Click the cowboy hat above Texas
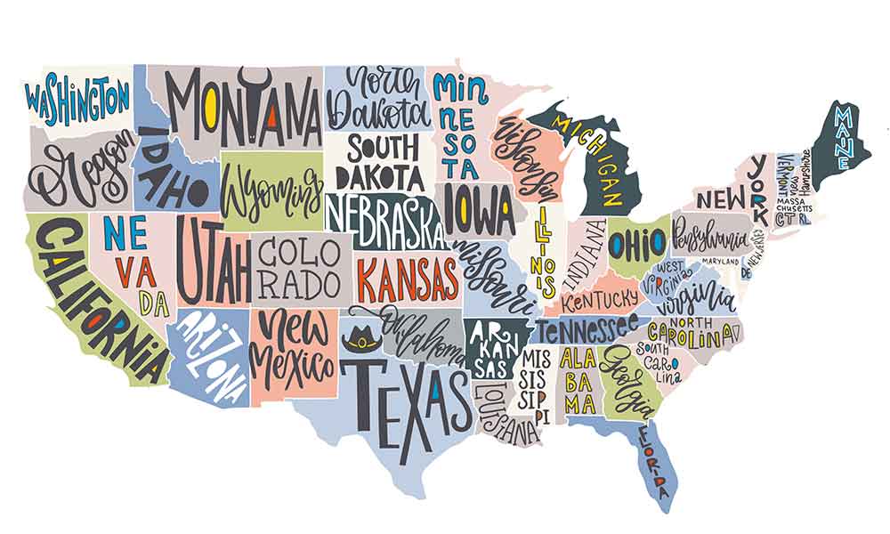361,338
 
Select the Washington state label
77,100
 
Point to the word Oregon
85,170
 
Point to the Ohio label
637,242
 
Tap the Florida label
653,461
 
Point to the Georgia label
623,378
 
